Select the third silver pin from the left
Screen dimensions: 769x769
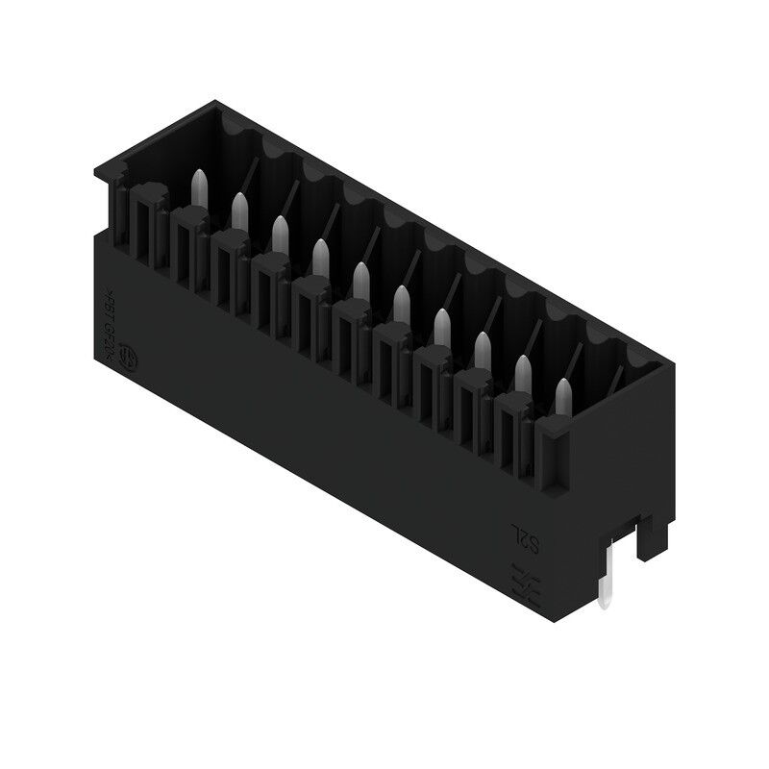tap(280, 230)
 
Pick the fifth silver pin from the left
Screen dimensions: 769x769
tap(361, 276)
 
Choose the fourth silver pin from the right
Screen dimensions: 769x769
tap(441, 323)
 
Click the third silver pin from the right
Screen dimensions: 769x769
tap(482, 346)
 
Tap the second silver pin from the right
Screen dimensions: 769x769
tap(523, 369)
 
